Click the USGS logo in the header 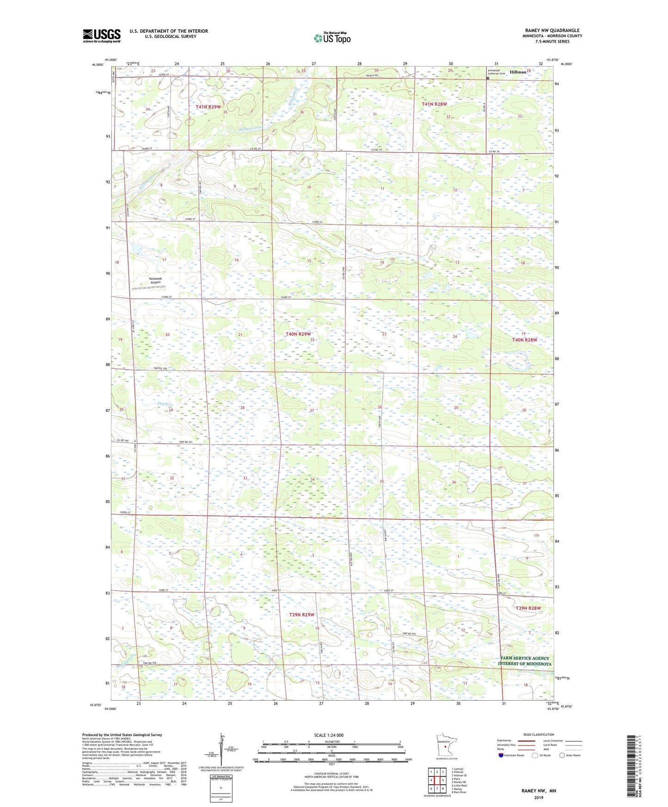pos(102,36)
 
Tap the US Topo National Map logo pos(332,38)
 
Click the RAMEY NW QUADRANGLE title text pos(552,31)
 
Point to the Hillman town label pos(518,72)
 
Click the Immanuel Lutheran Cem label pos(497,72)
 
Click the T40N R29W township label pos(298,334)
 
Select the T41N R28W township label pos(434,104)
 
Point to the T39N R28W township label pos(528,608)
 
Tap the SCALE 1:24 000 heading pos(329,735)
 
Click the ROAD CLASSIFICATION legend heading pos(539,734)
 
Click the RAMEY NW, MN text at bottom pos(539,791)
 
